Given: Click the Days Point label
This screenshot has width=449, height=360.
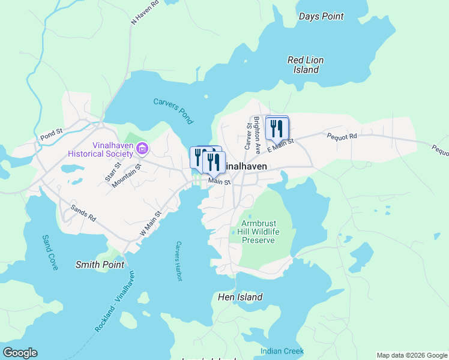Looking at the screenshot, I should click(321, 16).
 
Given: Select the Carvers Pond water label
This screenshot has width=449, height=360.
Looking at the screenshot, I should click(173, 111).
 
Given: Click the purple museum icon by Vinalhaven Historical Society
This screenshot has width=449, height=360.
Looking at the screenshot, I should click(142, 148).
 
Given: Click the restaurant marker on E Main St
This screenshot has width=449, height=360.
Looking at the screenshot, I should click(277, 128).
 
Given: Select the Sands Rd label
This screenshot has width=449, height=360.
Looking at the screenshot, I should click(83, 213).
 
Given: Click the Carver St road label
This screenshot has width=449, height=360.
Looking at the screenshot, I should click(247, 136).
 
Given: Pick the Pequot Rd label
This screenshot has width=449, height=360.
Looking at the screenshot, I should click(342, 136).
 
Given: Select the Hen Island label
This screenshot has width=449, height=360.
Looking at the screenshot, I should click(240, 297).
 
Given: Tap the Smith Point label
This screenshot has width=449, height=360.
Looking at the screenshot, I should click(100, 264).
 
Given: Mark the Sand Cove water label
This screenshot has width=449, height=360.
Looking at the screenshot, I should click(49, 252).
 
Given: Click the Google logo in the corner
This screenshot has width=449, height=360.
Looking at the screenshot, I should click(20, 352).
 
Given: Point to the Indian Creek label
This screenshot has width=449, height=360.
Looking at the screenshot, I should click(282, 351).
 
